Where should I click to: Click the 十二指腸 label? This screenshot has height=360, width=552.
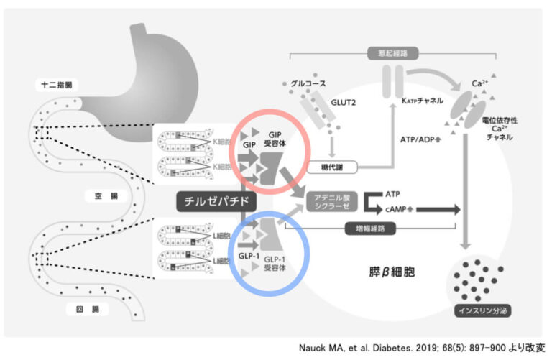click(57, 85)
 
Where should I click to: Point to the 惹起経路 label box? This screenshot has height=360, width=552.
click(387, 53)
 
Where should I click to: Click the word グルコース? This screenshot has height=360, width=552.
click(308, 85)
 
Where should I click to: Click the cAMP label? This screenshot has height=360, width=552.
click(394, 209)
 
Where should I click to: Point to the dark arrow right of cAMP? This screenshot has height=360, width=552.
click(435, 209)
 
